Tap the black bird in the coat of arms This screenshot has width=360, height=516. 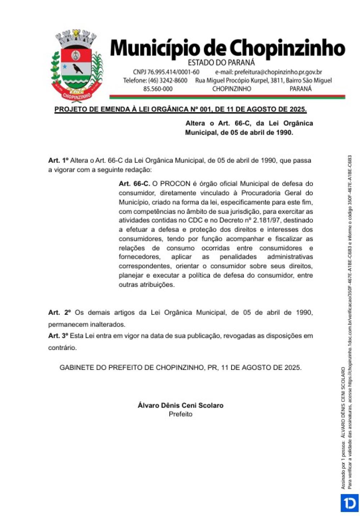(77, 68)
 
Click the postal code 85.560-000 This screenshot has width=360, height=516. (158, 89)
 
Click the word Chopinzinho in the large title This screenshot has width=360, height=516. (287, 49)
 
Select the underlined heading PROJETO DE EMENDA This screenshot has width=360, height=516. (180, 109)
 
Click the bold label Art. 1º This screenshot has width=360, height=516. (58, 161)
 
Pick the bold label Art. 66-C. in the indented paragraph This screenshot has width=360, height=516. (134, 184)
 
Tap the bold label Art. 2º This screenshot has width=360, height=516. (59, 313)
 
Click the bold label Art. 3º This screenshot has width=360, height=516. (58, 336)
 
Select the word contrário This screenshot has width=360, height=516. (62, 348)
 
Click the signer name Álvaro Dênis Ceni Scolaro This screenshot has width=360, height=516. (180, 405)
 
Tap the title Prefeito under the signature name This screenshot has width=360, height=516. (180, 414)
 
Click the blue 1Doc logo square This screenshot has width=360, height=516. (350, 503)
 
